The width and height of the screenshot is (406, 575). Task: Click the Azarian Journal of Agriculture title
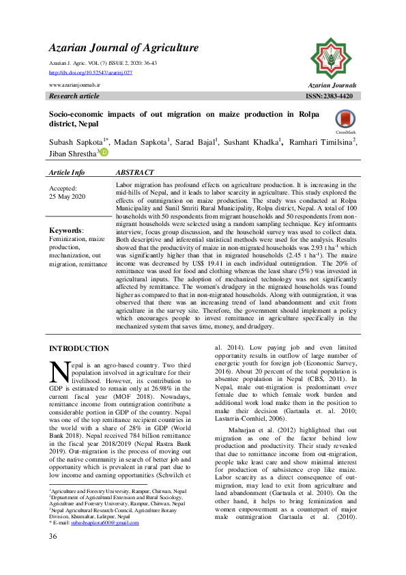point(124,48)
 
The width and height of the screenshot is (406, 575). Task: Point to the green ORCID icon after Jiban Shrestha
point(104,153)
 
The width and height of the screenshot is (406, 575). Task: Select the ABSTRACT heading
point(135,173)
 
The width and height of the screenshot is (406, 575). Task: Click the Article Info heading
point(67,173)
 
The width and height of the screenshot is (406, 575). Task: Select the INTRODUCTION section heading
point(79,348)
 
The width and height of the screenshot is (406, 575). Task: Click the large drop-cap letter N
point(61,371)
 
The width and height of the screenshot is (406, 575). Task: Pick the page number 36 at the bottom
point(53,555)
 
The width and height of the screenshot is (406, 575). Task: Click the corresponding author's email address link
point(108,523)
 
